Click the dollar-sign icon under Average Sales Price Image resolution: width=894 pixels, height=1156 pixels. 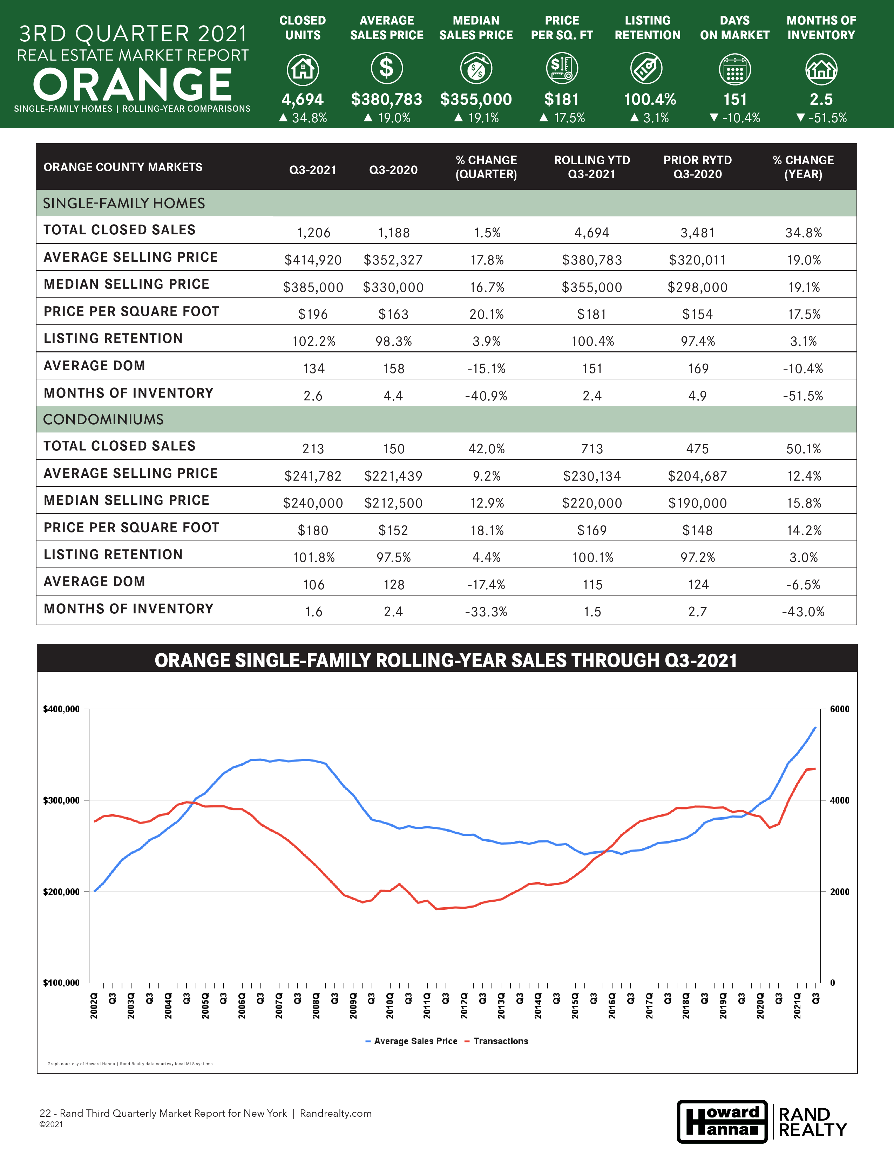click(x=387, y=68)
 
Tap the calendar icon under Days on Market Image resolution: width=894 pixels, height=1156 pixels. click(x=734, y=69)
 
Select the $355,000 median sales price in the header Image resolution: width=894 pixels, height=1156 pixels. click(x=476, y=99)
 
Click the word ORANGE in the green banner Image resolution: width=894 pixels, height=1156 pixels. click(x=133, y=85)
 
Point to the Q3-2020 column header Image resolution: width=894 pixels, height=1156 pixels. click(x=393, y=170)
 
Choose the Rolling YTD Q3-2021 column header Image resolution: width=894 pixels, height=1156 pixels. click(x=592, y=167)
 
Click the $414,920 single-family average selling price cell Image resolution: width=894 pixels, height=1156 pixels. click(x=313, y=260)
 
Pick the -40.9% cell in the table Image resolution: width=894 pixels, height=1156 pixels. click(x=486, y=396)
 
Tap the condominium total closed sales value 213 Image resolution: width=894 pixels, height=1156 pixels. click(x=313, y=449)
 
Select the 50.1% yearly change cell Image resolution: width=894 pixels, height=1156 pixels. click(x=804, y=449)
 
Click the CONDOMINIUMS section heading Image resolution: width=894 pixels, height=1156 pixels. click(x=103, y=419)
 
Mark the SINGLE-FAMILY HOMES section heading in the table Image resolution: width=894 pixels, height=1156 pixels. click(x=124, y=203)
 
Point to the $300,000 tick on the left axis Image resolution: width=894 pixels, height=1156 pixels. click(x=61, y=800)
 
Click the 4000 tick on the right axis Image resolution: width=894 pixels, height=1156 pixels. click(x=839, y=800)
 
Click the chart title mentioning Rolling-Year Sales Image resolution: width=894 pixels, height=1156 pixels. click(x=446, y=661)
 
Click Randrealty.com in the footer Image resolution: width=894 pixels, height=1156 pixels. click(x=336, y=1113)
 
